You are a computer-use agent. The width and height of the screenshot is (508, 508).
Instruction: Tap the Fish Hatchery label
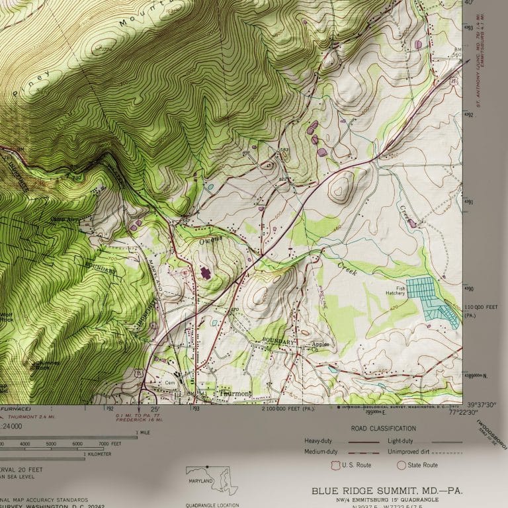click(x=396, y=292)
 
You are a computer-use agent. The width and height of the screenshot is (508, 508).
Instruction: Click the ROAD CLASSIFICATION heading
click(x=384, y=429)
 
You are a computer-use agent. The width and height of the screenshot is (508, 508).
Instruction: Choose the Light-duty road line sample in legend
click(x=447, y=441)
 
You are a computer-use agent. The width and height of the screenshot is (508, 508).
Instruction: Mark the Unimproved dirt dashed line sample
click(x=447, y=452)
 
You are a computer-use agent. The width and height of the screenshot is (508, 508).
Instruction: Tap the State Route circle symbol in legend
click(x=401, y=465)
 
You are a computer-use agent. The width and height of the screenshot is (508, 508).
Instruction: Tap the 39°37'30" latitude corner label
click(x=482, y=405)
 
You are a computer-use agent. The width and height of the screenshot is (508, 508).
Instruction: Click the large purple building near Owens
click(x=205, y=272)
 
